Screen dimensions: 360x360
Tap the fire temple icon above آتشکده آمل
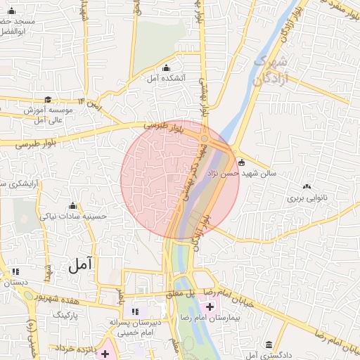pos(166,67)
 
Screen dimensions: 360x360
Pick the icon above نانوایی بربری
pos(307,187)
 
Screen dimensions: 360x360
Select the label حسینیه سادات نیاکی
pos(73,217)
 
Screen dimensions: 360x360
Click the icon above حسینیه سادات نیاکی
pos(73,206)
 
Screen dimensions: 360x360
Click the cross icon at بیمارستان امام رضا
pos(210,307)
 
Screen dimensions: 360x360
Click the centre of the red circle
pos(180,179)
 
